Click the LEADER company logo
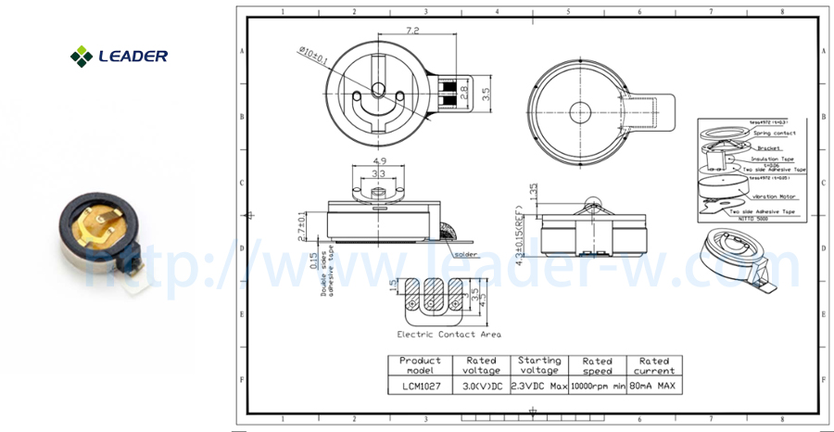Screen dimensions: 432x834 [x=119, y=56]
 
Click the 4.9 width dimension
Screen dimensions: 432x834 [x=378, y=160]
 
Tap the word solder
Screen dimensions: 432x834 [x=466, y=254]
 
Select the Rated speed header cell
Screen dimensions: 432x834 [x=597, y=365]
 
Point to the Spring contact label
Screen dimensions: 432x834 [x=775, y=133]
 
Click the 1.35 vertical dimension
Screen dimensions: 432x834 [x=534, y=193]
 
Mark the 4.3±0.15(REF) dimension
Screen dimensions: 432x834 [x=524, y=237]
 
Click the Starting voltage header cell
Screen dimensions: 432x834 [x=538, y=365]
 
